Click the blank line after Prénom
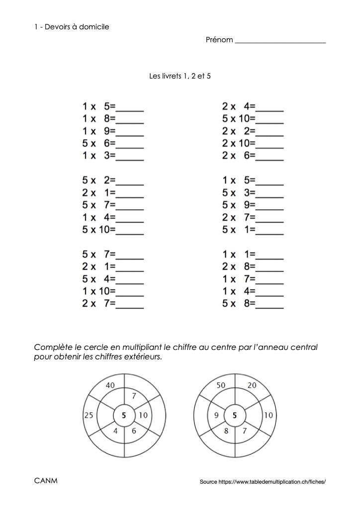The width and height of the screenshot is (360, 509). tap(280, 42)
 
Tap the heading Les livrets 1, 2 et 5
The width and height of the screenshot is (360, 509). tap(180, 77)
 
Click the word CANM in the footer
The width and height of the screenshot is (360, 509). tap(46, 481)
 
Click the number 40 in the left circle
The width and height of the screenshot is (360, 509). tap(110, 385)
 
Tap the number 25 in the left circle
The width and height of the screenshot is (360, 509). tap(89, 416)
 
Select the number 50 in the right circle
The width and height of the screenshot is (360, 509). tap(221, 385)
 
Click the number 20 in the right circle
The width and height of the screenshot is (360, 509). tap(252, 385)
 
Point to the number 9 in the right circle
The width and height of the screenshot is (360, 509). tap(217, 416)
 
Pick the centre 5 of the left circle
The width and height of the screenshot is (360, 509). tap(124, 416)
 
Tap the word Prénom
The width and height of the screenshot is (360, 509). tap(219, 40)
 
